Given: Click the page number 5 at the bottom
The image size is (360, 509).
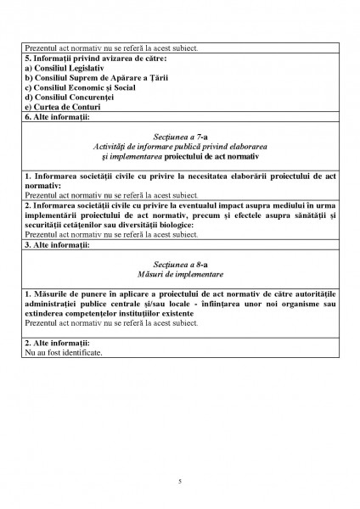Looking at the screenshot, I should [x=180, y=481].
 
